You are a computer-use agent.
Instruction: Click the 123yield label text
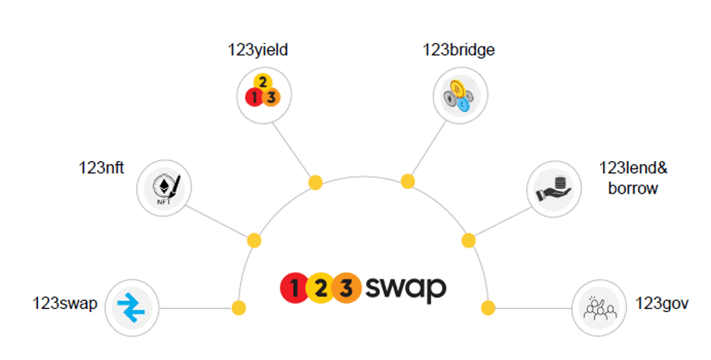(x=258, y=51)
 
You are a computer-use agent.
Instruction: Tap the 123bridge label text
(x=460, y=51)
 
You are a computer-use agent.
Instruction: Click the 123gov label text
(x=662, y=304)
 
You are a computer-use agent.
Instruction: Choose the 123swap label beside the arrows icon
(x=65, y=304)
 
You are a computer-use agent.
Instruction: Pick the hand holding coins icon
(x=555, y=188)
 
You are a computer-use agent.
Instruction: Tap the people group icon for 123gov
(x=599, y=308)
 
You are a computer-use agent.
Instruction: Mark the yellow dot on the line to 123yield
(x=315, y=182)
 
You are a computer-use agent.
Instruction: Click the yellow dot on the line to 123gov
(x=488, y=308)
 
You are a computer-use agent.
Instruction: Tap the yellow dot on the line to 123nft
(x=254, y=240)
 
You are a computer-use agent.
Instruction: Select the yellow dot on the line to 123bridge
(x=408, y=181)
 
